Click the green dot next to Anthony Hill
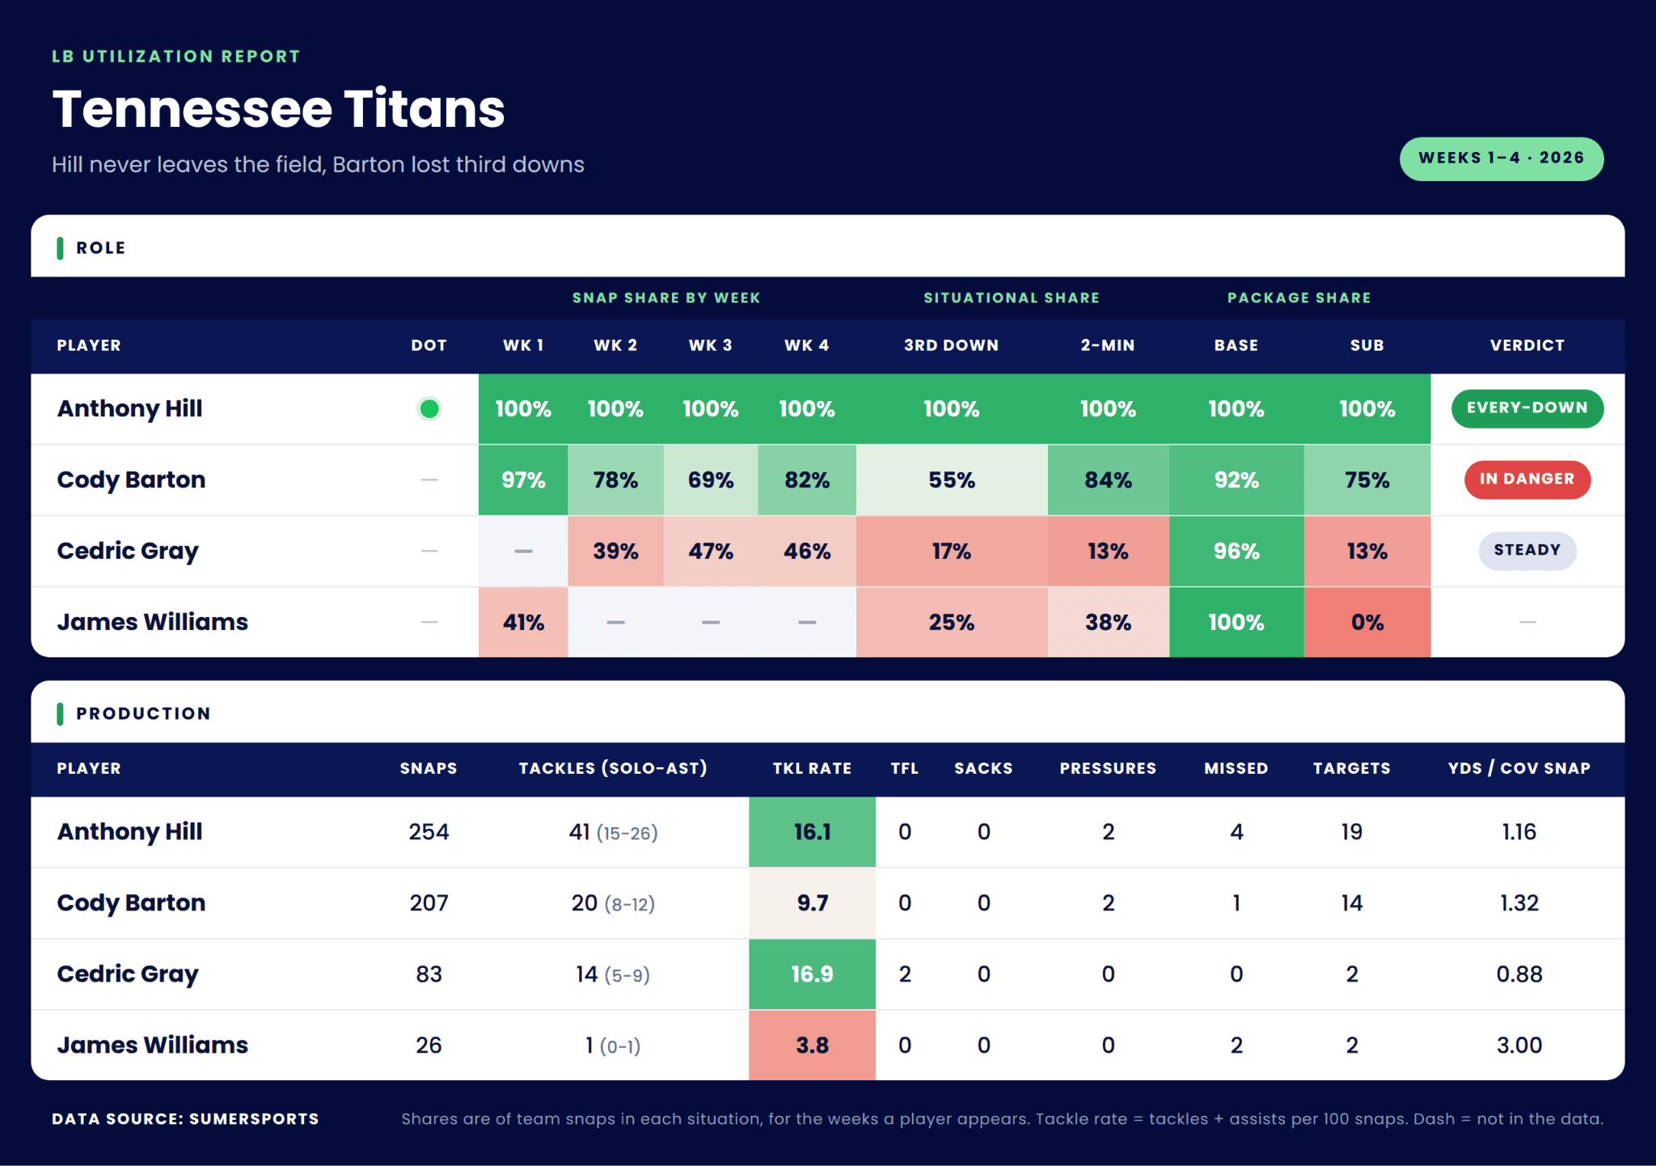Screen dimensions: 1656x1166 tap(429, 409)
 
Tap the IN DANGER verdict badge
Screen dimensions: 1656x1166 tap(1527, 479)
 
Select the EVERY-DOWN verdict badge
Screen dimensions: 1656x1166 tap(1527, 408)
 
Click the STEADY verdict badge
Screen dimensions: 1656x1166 tap(1527, 551)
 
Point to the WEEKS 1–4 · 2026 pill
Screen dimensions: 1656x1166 tap(1502, 158)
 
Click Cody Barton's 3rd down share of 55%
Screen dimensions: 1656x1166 tap(952, 480)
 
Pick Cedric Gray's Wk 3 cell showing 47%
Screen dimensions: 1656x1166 tap(711, 551)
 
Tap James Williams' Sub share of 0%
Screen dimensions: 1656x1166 tap(1367, 623)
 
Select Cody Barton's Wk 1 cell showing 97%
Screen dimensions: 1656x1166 tap(523, 480)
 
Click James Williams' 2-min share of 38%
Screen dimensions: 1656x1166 tap(1108, 623)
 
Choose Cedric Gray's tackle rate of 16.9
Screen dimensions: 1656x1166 tap(812, 974)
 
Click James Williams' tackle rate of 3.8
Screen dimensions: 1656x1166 tap(812, 1046)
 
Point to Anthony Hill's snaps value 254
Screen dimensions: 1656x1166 tap(429, 832)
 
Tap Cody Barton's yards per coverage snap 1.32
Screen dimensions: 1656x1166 tap(1519, 903)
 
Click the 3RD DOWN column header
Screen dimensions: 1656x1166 tap(952, 345)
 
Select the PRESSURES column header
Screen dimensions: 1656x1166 tap(1108, 768)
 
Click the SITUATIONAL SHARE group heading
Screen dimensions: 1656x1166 tap(1012, 298)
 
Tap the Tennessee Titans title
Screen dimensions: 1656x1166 tap(279, 109)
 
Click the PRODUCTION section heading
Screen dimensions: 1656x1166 tap(143, 714)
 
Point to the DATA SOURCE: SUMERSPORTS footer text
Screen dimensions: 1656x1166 tap(185, 1119)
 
